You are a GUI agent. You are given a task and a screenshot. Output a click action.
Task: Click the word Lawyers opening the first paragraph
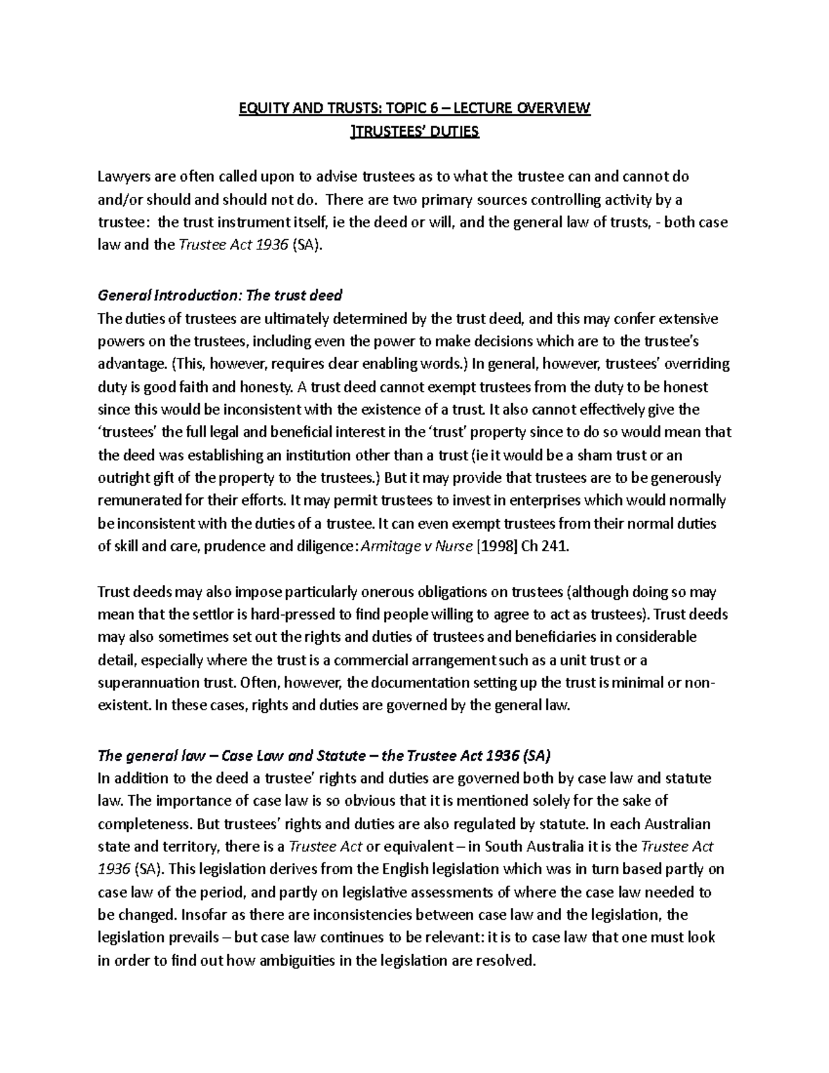[124, 176]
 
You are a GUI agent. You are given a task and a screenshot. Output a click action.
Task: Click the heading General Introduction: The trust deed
[220, 296]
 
